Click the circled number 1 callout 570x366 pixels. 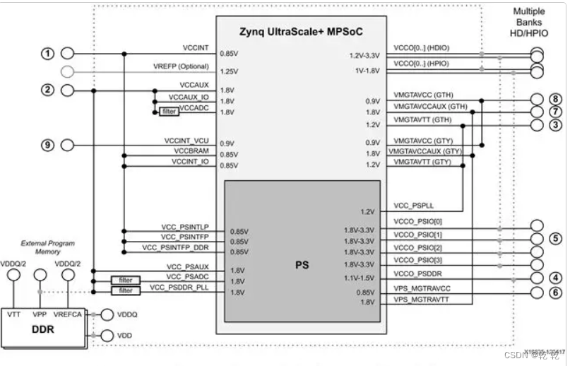click(48, 54)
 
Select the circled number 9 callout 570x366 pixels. click(48, 145)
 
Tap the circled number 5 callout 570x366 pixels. click(557, 238)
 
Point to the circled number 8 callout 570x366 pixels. click(557, 100)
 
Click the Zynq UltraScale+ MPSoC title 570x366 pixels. click(300, 33)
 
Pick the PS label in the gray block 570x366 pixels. click(302, 266)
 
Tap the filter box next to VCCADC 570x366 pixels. click(169, 112)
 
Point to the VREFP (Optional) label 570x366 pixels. click(181, 66)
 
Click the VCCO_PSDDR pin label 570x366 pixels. click(417, 273)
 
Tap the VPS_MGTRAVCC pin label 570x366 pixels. click(422, 289)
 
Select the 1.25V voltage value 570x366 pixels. click(229, 71)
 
